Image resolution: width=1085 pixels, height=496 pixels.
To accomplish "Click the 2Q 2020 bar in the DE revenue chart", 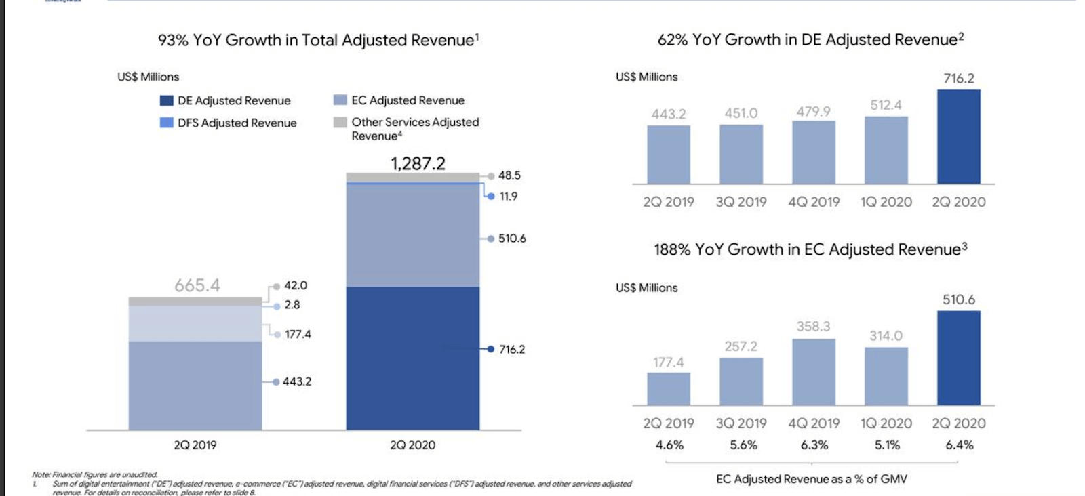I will click(958, 137).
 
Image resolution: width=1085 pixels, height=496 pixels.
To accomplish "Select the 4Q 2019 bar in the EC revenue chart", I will click(813, 372).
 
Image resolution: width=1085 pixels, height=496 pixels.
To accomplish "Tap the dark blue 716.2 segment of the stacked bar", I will click(412, 358).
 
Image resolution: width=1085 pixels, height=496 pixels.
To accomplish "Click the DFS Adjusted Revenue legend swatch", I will click(166, 123).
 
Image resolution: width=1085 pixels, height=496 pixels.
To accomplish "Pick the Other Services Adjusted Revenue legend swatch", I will click(340, 123).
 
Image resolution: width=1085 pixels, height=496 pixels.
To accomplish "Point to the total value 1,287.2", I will click(418, 163).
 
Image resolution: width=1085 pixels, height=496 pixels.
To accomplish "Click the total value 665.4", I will click(197, 285).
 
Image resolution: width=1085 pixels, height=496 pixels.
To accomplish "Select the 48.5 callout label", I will click(509, 175).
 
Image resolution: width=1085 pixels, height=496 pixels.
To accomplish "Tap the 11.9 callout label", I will click(508, 197).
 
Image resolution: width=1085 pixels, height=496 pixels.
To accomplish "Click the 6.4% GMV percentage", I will click(959, 445).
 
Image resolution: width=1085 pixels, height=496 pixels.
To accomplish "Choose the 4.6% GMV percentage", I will click(669, 445).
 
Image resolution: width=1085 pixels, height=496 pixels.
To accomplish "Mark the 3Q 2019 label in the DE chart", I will click(741, 202).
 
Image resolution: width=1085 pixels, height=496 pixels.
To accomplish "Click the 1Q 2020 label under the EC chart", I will click(886, 423).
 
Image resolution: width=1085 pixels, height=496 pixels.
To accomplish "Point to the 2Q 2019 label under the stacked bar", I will click(195, 445).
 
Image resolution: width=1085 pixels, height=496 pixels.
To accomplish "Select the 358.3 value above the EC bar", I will click(813, 327).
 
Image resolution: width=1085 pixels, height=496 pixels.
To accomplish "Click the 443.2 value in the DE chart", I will click(669, 114).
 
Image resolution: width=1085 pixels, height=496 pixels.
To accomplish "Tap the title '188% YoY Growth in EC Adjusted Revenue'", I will click(810, 249).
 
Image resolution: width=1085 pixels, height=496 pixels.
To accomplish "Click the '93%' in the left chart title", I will click(173, 40).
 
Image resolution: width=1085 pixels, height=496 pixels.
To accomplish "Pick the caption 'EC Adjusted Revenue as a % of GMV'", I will click(811, 479).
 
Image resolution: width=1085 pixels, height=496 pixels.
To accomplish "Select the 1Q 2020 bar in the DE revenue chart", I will click(886, 150).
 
